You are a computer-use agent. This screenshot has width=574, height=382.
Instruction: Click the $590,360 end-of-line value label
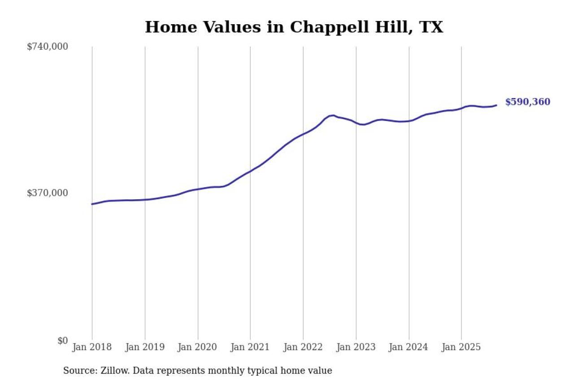click(x=527, y=102)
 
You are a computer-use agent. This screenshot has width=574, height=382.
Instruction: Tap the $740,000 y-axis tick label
click(x=48, y=47)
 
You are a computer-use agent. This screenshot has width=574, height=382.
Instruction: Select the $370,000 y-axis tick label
click(x=48, y=193)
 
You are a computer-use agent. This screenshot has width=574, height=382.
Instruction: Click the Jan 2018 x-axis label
click(x=92, y=347)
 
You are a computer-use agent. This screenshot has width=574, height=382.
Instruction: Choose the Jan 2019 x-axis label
click(x=145, y=347)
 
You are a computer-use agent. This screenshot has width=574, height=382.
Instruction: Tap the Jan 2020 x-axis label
click(x=198, y=347)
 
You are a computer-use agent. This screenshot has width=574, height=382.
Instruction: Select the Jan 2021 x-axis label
click(x=250, y=347)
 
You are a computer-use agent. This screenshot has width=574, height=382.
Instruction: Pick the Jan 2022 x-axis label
click(x=303, y=347)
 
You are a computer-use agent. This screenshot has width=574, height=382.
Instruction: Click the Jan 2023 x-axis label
click(x=356, y=347)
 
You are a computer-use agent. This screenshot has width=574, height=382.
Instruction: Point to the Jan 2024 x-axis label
click(x=409, y=347)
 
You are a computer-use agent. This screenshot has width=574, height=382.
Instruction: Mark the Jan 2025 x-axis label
click(x=461, y=347)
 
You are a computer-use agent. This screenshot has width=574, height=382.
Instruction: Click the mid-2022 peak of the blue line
click(x=332, y=115)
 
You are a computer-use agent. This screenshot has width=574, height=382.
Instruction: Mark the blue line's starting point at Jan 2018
click(x=92, y=204)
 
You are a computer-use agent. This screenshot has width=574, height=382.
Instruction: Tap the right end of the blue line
click(x=496, y=105)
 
